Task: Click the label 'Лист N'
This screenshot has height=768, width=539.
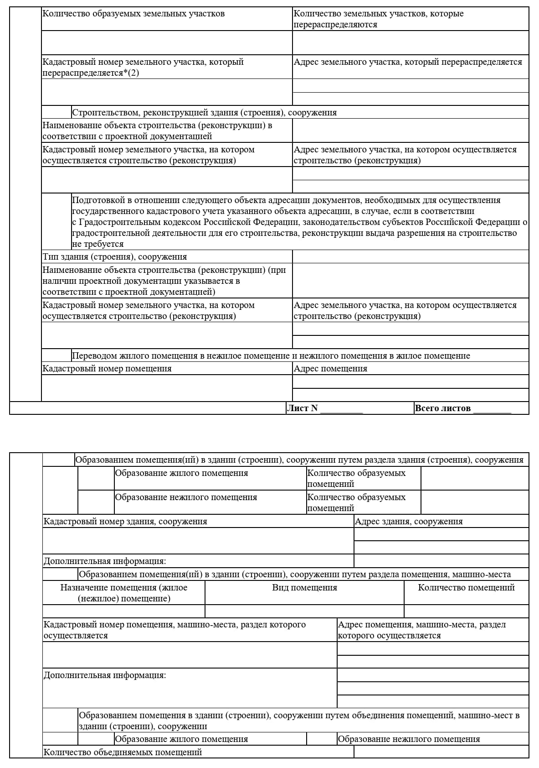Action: [302, 408]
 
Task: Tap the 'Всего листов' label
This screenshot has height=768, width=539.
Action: [442, 408]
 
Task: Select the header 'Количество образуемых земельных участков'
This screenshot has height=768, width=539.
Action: [133, 14]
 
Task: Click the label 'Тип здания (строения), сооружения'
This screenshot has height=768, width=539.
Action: [115, 256]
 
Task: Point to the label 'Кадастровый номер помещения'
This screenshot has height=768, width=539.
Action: [107, 368]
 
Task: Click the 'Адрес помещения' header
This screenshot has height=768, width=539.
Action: [330, 368]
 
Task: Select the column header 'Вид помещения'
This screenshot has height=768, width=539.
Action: [304, 587]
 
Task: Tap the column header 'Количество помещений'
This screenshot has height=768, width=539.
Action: [466, 587]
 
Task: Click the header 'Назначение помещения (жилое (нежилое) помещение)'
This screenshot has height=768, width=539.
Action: [124, 593]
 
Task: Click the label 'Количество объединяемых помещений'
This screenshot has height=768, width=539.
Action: [123, 752]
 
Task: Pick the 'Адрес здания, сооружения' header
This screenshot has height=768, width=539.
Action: [409, 521]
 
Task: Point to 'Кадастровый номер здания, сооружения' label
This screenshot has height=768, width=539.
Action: [125, 521]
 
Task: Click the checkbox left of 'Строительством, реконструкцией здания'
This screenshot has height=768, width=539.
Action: [56, 112]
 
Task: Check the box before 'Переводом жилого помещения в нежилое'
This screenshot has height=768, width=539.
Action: [56, 355]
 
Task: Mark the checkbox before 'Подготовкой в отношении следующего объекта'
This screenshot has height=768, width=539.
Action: [56, 222]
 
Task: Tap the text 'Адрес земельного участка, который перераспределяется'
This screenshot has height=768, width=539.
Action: [408, 62]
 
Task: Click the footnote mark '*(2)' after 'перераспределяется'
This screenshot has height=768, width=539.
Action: [131, 73]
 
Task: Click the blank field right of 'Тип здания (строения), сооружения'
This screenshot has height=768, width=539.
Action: [410, 256]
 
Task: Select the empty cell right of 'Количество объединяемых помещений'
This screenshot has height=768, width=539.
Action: [441, 752]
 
